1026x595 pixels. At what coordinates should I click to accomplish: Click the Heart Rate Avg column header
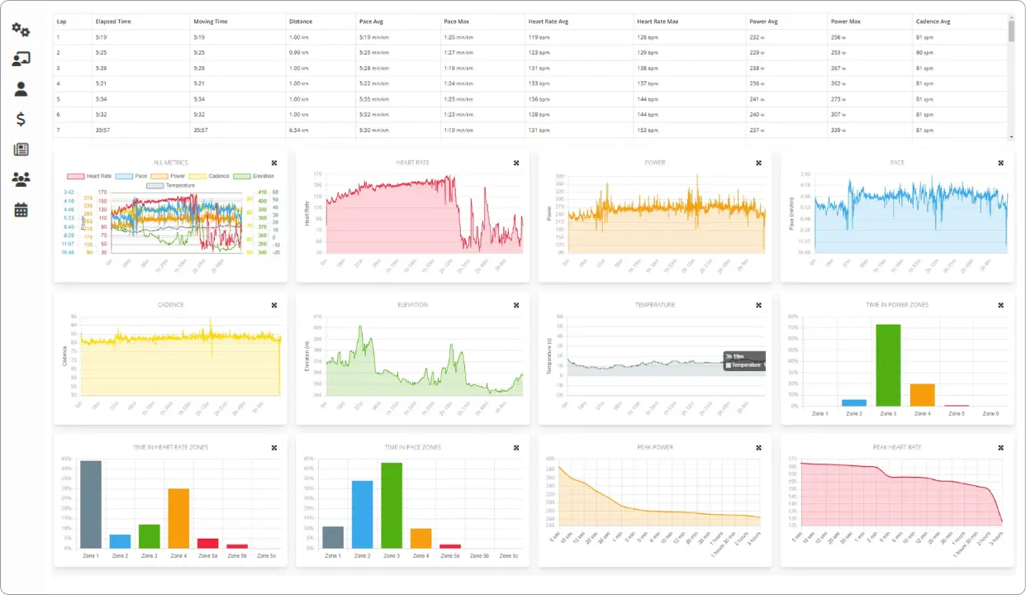(x=548, y=21)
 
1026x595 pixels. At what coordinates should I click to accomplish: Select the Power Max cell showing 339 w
(x=843, y=130)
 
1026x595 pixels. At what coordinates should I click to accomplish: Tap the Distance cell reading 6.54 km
(x=299, y=130)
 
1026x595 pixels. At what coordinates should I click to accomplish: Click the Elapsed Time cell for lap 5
(x=102, y=99)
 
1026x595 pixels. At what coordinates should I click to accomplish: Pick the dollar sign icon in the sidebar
(x=21, y=120)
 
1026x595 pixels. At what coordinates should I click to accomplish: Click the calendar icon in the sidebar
(x=21, y=210)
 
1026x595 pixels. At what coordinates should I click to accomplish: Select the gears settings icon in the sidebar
(x=21, y=31)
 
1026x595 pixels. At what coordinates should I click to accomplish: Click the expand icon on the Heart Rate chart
(x=516, y=163)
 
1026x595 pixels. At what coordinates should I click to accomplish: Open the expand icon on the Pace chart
(x=1000, y=163)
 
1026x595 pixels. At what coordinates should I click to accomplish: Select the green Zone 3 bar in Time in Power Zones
(x=888, y=364)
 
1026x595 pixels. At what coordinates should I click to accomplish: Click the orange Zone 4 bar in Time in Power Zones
(x=922, y=394)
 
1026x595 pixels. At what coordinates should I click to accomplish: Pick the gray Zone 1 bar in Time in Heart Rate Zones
(x=91, y=504)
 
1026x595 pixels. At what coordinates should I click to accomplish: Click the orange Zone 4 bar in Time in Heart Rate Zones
(x=178, y=518)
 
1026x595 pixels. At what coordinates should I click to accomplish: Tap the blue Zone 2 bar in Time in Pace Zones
(x=362, y=514)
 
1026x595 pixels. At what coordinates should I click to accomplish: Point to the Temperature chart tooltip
(x=743, y=360)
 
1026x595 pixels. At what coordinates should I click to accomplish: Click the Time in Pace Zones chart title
(x=412, y=447)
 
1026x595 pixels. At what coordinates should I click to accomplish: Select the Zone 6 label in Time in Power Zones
(x=990, y=413)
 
